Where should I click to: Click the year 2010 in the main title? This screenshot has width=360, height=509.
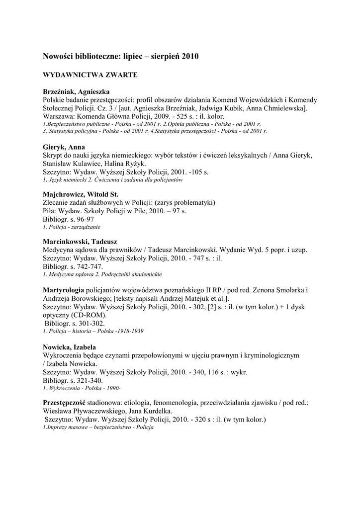tap(190, 57)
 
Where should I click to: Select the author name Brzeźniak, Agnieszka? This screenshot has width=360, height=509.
tap(76, 92)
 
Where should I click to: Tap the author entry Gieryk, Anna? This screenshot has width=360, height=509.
tap(64, 147)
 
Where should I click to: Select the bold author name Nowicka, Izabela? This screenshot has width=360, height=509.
tap(69, 346)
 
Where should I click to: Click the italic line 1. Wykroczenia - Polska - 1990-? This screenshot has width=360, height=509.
tap(82, 388)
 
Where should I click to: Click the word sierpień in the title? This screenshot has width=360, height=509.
tap(166, 57)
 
